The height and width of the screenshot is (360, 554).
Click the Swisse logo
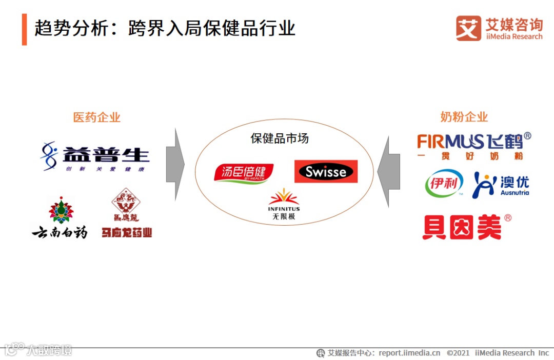point(326,171)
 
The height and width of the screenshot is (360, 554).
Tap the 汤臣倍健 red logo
point(244,173)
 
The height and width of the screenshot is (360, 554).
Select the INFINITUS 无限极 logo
point(284,205)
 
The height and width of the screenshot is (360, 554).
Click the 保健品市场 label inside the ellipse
point(280,138)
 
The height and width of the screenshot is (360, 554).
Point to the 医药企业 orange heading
point(97,117)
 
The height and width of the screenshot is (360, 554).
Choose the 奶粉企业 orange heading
point(464,117)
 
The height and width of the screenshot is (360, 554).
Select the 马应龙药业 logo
point(126,213)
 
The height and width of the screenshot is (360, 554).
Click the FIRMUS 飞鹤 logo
point(473,146)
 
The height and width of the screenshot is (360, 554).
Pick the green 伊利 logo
point(444,184)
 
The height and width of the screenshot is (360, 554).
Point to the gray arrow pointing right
point(175,165)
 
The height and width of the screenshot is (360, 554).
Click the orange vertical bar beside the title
point(24,29)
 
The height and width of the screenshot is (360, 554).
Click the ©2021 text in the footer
point(458,353)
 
